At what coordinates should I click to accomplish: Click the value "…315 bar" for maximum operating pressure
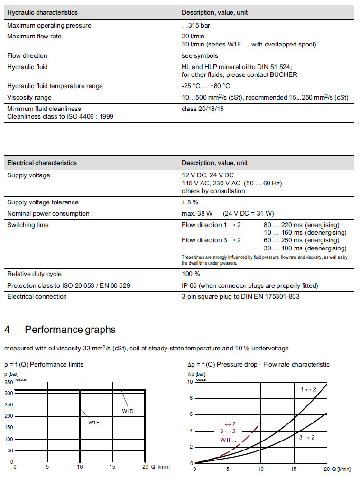pyautogui.click(x=196, y=25)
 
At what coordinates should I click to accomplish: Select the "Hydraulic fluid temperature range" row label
pyautogui.click(x=55, y=86)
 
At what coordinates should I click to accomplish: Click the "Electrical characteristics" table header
pyautogui.click(x=42, y=163)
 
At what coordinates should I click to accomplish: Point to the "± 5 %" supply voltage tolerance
pyautogui.click(x=190, y=202)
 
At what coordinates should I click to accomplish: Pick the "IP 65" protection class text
pyautogui.click(x=189, y=285)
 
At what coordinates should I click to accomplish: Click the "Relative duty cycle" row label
pyautogui.click(x=34, y=274)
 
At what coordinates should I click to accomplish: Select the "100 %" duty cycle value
pyautogui.click(x=191, y=274)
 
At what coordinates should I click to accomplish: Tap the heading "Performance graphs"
pyautogui.click(x=70, y=329)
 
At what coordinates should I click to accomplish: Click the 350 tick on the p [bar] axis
pyautogui.click(x=9, y=382)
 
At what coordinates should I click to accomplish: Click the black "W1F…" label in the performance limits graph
pyautogui.click(x=95, y=422)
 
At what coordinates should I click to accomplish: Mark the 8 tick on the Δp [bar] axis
pyautogui.click(x=191, y=398)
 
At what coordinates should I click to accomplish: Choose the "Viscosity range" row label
pyautogui.click(x=29, y=97)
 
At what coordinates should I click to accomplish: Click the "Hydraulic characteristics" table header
pyautogui.click(x=42, y=12)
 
